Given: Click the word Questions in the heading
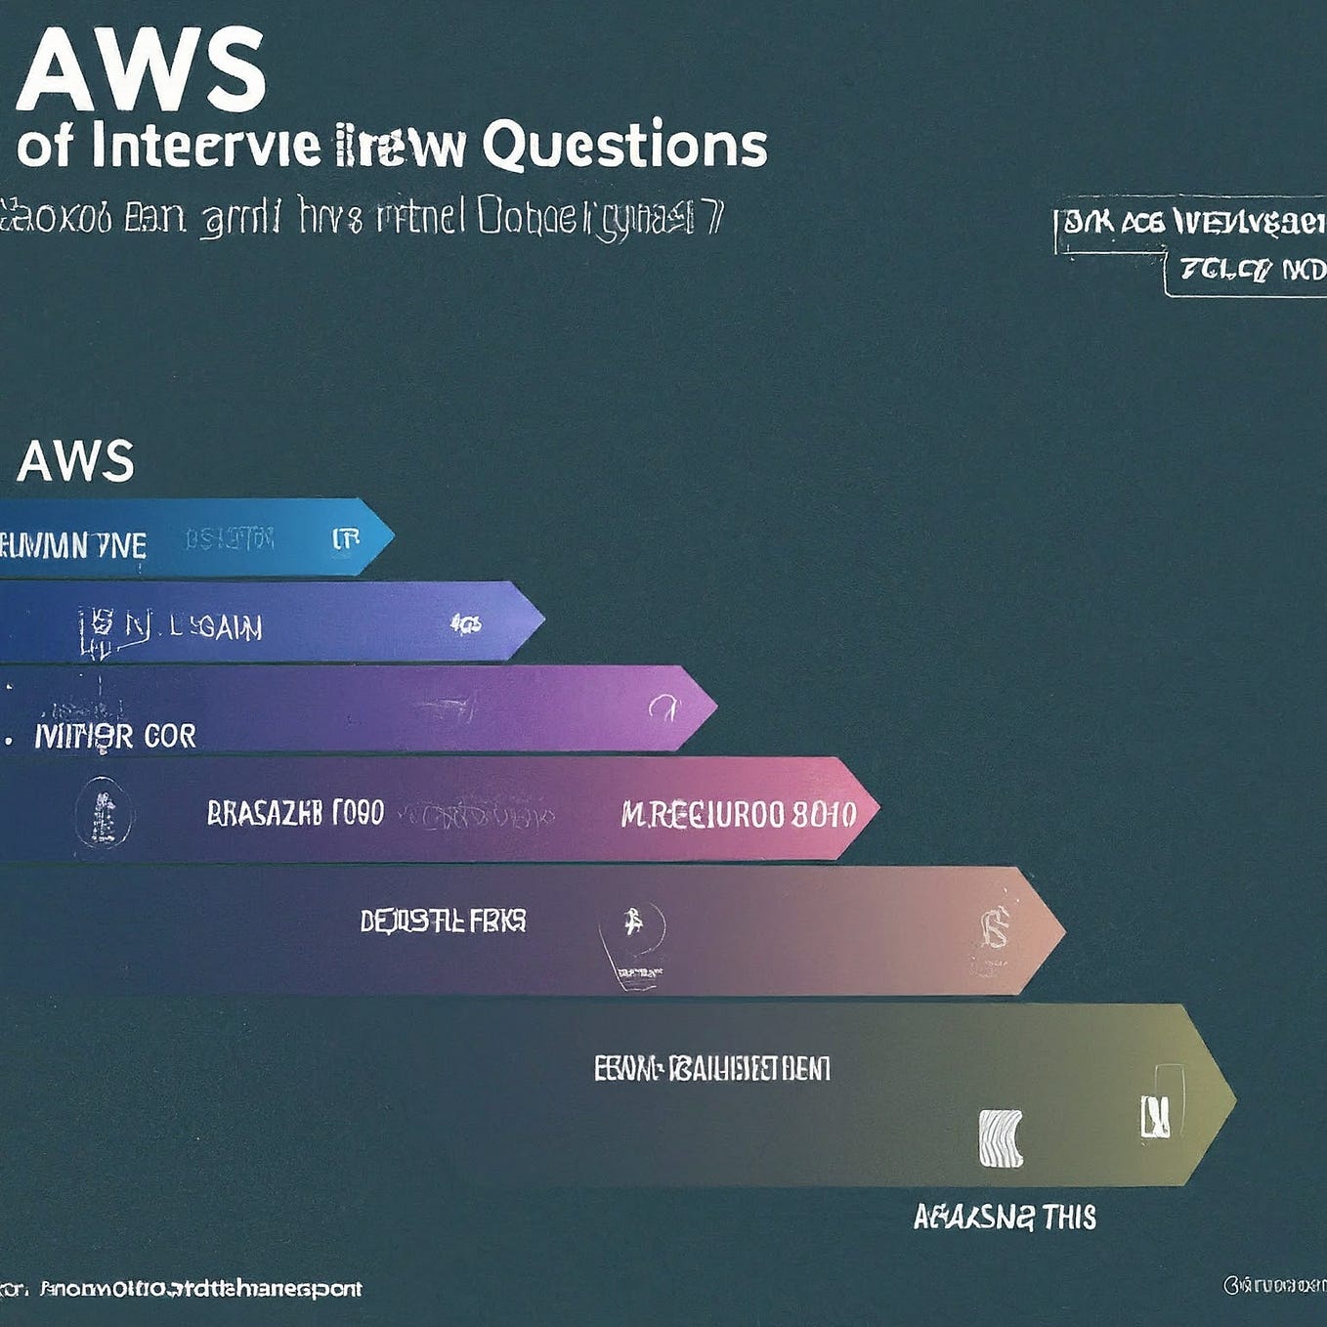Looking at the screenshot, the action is (x=624, y=146).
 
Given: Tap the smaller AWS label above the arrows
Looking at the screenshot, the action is (x=75, y=461).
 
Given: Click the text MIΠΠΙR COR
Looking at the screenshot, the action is (x=115, y=736).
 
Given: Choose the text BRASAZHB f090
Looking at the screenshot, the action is (x=295, y=813).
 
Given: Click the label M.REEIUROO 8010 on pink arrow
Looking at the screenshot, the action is (x=738, y=814).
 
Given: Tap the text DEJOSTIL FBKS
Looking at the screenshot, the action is (x=443, y=920).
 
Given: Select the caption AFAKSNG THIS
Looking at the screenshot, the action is (x=1005, y=1218).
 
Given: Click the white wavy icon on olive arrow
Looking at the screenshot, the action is (x=1001, y=1138).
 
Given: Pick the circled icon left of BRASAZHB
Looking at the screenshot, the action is (x=103, y=813).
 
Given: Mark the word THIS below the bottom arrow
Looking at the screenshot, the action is (x=1069, y=1218).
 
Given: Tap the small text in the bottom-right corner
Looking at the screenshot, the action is (x=1274, y=1285).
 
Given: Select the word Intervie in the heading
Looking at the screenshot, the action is (x=205, y=146).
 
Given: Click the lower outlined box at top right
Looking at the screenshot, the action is (x=1247, y=273).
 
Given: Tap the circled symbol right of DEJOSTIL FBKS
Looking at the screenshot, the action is (x=632, y=923).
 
